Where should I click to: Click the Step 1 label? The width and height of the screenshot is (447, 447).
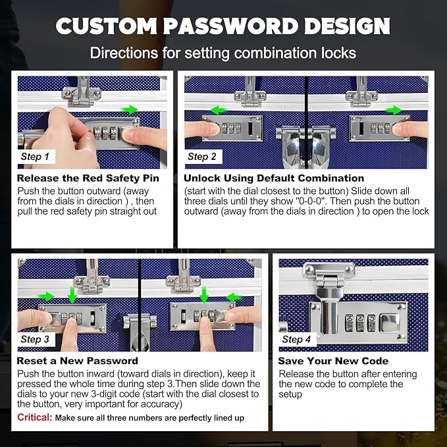pyautogui.click(x=35, y=157)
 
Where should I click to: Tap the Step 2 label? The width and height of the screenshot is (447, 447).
pyautogui.click(x=202, y=157)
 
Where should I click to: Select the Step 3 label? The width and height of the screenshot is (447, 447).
pyautogui.click(x=35, y=339)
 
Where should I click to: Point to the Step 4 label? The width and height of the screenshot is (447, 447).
pyautogui.click(x=296, y=339)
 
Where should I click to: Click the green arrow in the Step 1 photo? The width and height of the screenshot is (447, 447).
pyautogui.click(x=130, y=109)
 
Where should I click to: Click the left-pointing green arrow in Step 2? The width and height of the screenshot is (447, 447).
pyautogui.click(x=219, y=110)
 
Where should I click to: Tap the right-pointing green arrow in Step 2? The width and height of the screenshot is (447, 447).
pyautogui.click(x=394, y=110)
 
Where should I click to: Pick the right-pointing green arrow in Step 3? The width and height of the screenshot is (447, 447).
pyautogui.click(x=45, y=296)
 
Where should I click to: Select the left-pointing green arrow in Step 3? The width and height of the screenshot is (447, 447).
pyautogui.click(x=234, y=298)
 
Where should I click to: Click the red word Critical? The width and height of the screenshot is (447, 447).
pyautogui.click(x=34, y=417)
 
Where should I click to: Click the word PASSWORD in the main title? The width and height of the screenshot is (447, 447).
pyautogui.click(x=230, y=26)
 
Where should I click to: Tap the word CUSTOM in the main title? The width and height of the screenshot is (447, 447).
pyautogui.click(x=106, y=26)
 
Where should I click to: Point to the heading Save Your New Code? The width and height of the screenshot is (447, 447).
pyautogui.click(x=333, y=361)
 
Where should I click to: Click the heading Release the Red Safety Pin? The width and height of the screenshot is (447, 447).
pyautogui.click(x=88, y=178)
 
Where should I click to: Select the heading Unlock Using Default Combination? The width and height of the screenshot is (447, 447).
pyautogui.click(x=274, y=178)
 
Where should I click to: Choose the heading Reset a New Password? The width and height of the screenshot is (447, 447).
pyautogui.click(x=77, y=361)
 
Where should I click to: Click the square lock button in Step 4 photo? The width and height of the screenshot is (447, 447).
pyautogui.click(x=389, y=323)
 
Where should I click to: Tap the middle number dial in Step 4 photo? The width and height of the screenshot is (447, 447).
pyautogui.click(x=360, y=323)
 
